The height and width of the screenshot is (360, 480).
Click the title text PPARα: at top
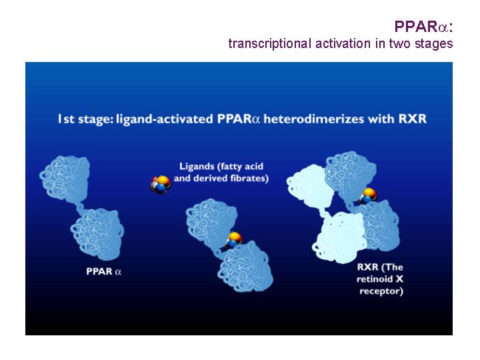pyautogui.click(x=423, y=26)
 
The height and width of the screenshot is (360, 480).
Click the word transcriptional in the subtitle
pyautogui.click(x=270, y=43)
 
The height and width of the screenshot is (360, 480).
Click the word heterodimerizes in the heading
pyautogui.click(x=314, y=119)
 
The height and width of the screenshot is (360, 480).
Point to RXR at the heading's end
pyautogui.click(x=413, y=119)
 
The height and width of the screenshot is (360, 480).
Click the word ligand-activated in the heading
pyautogui.click(x=165, y=119)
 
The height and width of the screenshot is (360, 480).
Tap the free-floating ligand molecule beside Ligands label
pyautogui.click(x=160, y=184)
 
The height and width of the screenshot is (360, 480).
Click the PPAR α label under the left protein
pyautogui.click(x=104, y=271)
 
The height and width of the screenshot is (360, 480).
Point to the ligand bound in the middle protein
pyautogui.click(x=235, y=239)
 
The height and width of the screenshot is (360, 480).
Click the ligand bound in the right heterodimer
pyautogui.click(x=367, y=195)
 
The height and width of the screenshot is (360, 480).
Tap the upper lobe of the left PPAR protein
pyautogui.click(x=65, y=177)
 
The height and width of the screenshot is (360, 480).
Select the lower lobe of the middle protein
pyautogui.click(x=245, y=266)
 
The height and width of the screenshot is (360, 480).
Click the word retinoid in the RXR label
pyautogui.click(x=375, y=279)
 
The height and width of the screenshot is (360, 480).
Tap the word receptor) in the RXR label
pyautogui.click(x=381, y=291)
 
